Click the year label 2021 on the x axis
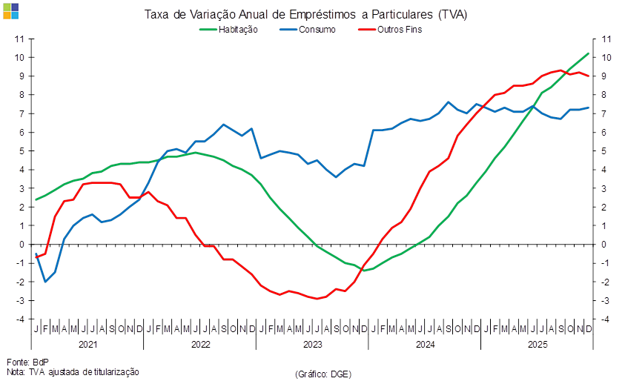point(88,345)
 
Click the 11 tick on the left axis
point(21,39)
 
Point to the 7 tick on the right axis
point(606,113)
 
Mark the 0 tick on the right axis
point(606,244)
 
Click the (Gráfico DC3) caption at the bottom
point(323,374)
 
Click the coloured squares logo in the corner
point(11,10)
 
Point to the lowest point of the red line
point(317,299)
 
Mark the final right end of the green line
point(589,53)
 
